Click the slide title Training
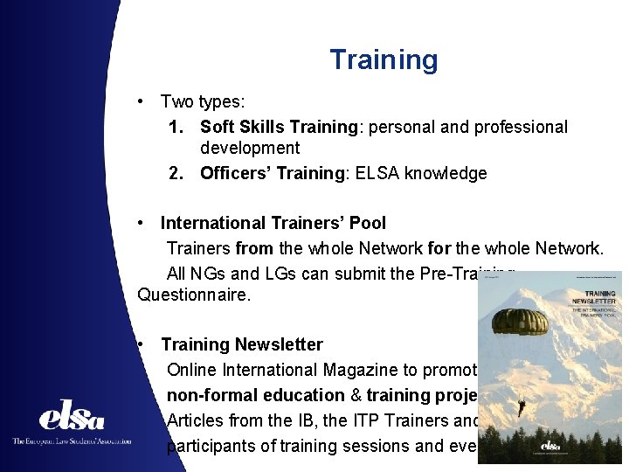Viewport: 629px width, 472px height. pyautogui.click(x=384, y=60)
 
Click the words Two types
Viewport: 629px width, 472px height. pyautogui.click(x=202, y=102)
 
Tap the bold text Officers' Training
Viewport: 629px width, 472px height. pyautogui.click(x=271, y=173)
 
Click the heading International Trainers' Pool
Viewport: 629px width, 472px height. pyautogui.click(x=273, y=224)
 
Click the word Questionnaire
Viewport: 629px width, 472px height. pyautogui.click(x=194, y=295)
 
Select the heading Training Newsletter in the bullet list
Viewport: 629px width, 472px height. pyautogui.click(x=242, y=344)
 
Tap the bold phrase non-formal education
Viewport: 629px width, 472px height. pyautogui.click(x=256, y=395)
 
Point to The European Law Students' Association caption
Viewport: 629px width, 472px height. pyautogui.click(x=72, y=441)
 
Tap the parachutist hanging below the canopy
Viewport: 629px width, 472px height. pyautogui.click(x=522, y=407)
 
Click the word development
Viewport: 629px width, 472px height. pyautogui.click(x=250, y=149)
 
